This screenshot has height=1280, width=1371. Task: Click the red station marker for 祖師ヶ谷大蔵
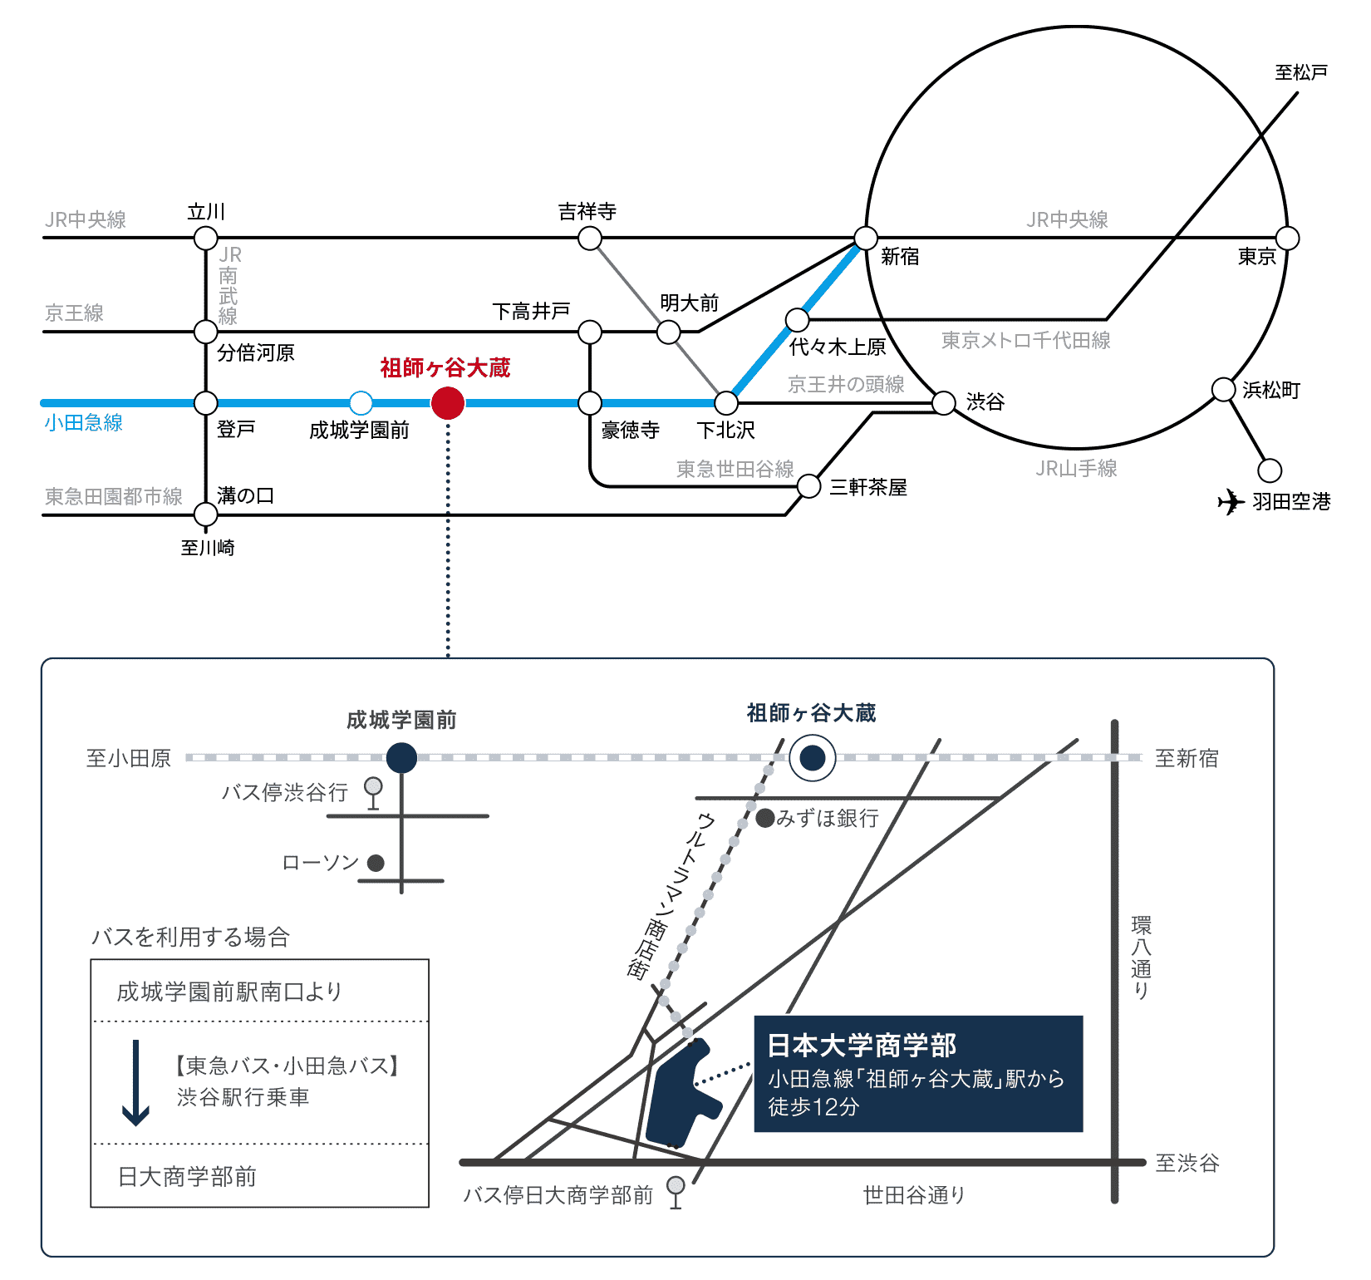pos(448,403)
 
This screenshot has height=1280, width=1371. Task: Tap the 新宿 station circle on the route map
pos(866,239)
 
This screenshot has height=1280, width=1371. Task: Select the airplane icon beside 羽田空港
pos(1231,502)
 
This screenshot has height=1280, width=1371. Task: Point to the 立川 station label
pos(206,212)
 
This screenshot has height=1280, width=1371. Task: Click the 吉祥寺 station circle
pos(590,239)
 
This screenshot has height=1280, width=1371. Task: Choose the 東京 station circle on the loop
pos(1287,239)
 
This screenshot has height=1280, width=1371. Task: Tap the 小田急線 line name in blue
pos(84,422)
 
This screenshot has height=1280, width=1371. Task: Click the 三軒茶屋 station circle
pos(809,486)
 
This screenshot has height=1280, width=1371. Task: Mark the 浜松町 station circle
pos(1223,389)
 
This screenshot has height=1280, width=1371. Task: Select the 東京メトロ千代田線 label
pos(1025,340)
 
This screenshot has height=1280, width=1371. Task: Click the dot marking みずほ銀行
pos(765,818)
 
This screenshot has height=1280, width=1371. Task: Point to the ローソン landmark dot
pos(376,863)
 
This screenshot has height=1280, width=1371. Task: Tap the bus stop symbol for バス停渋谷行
pos(374,792)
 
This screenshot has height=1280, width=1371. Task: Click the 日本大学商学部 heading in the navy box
pos(862,1045)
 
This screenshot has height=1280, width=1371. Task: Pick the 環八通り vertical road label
pos(1141,958)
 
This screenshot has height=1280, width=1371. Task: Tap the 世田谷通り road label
pos(914,1195)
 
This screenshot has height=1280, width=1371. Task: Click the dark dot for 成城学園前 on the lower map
pos(401,758)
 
